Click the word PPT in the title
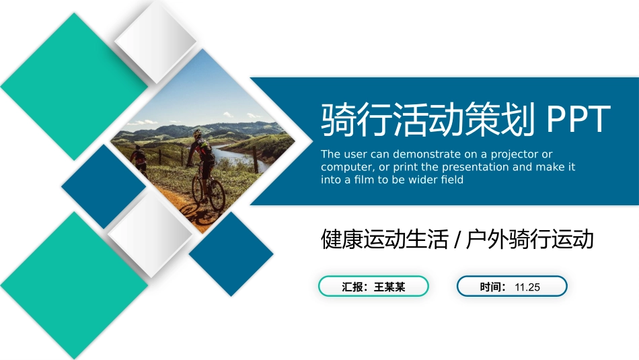tap(578, 119)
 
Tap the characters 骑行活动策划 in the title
tap(428, 119)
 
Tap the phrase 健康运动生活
tap(384, 239)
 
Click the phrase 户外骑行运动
tap(529, 239)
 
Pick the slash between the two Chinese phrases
tap(457, 240)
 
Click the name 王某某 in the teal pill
tap(389, 287)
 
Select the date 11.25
tap(527, 287)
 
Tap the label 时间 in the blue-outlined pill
tap(490, 287)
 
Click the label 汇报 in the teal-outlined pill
tap(352, 287)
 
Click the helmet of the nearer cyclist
tap(198, 133)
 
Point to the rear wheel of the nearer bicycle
tap(217, 195)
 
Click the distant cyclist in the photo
tap(138, 157)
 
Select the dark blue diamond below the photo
tap(231, 254)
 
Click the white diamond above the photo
tap(155, 41)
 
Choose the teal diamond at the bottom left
tap(74, 285)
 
